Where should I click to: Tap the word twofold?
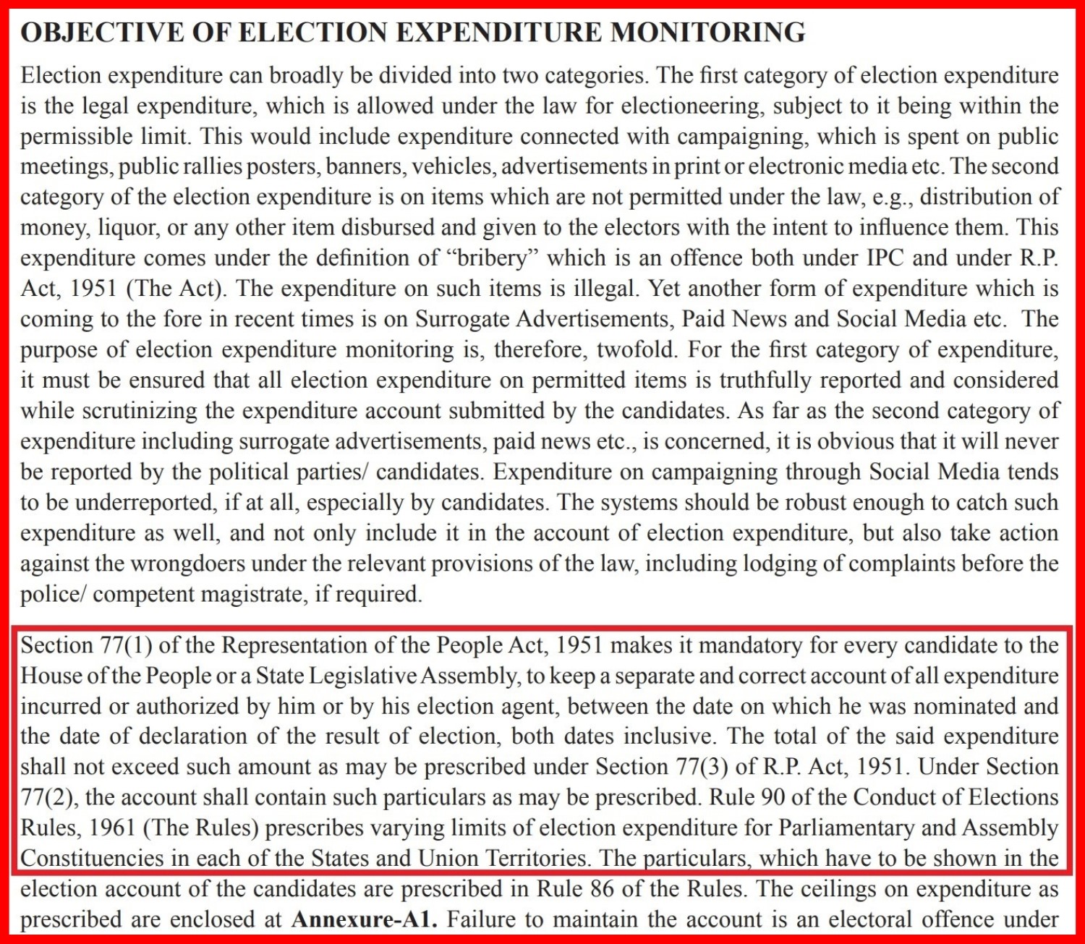coord(636,350)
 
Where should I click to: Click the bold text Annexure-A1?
coord(365,920)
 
